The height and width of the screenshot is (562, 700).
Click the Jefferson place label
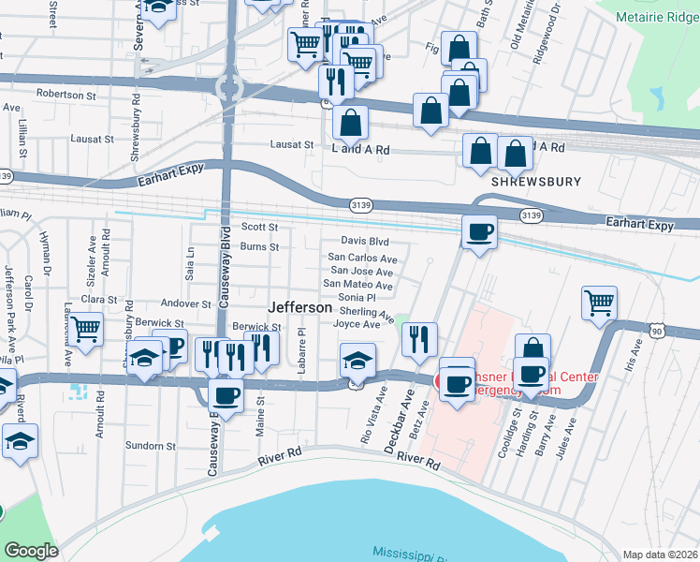coord(299,307)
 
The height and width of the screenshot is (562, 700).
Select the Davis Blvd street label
coord(364,241)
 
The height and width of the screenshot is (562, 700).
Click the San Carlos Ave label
coord(361,259)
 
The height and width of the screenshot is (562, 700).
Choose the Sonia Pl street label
coord(356,297)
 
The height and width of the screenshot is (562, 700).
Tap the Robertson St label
coord(66,94)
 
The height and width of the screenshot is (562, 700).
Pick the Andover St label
coord(186,304)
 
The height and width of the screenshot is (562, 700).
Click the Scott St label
coord(260,227)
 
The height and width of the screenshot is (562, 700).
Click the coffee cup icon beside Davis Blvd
coord(480,232)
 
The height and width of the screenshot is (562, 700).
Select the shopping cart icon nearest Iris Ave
coord(600,303)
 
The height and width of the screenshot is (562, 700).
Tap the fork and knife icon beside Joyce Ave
coord(419,338)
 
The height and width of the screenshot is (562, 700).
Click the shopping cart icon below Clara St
coord(85,330)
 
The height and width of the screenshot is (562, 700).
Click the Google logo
coord(31,551)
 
